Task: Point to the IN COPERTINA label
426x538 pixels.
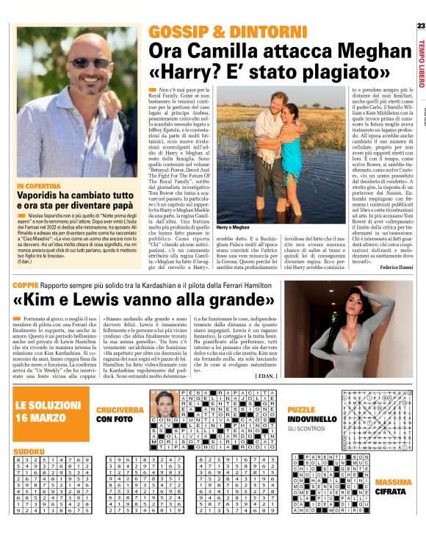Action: point(40,187)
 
